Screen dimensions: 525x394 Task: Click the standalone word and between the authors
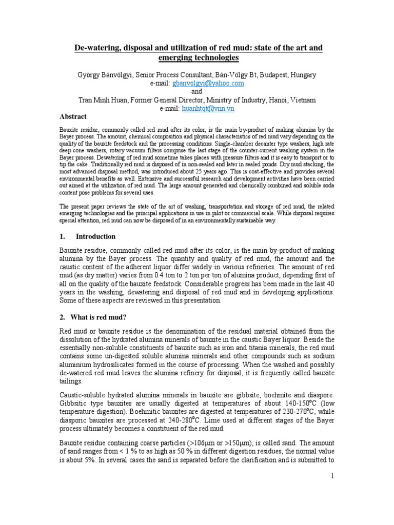(197, 91)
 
